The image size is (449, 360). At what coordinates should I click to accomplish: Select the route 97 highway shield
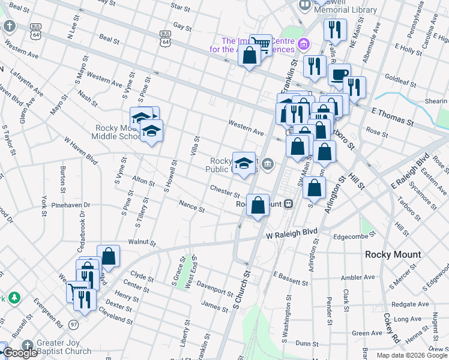[74, 324]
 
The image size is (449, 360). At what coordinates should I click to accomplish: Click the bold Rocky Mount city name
[393, 254]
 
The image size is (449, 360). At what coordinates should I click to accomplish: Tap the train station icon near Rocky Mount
[289, 203]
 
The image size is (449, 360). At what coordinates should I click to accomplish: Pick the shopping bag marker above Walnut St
[109, 255]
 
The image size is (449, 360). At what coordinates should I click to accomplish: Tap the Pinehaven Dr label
[70, 205]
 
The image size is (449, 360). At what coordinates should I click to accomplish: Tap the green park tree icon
[13, 298]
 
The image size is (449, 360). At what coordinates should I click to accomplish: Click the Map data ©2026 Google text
[412, 355]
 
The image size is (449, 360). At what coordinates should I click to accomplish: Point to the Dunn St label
[306, 344]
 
